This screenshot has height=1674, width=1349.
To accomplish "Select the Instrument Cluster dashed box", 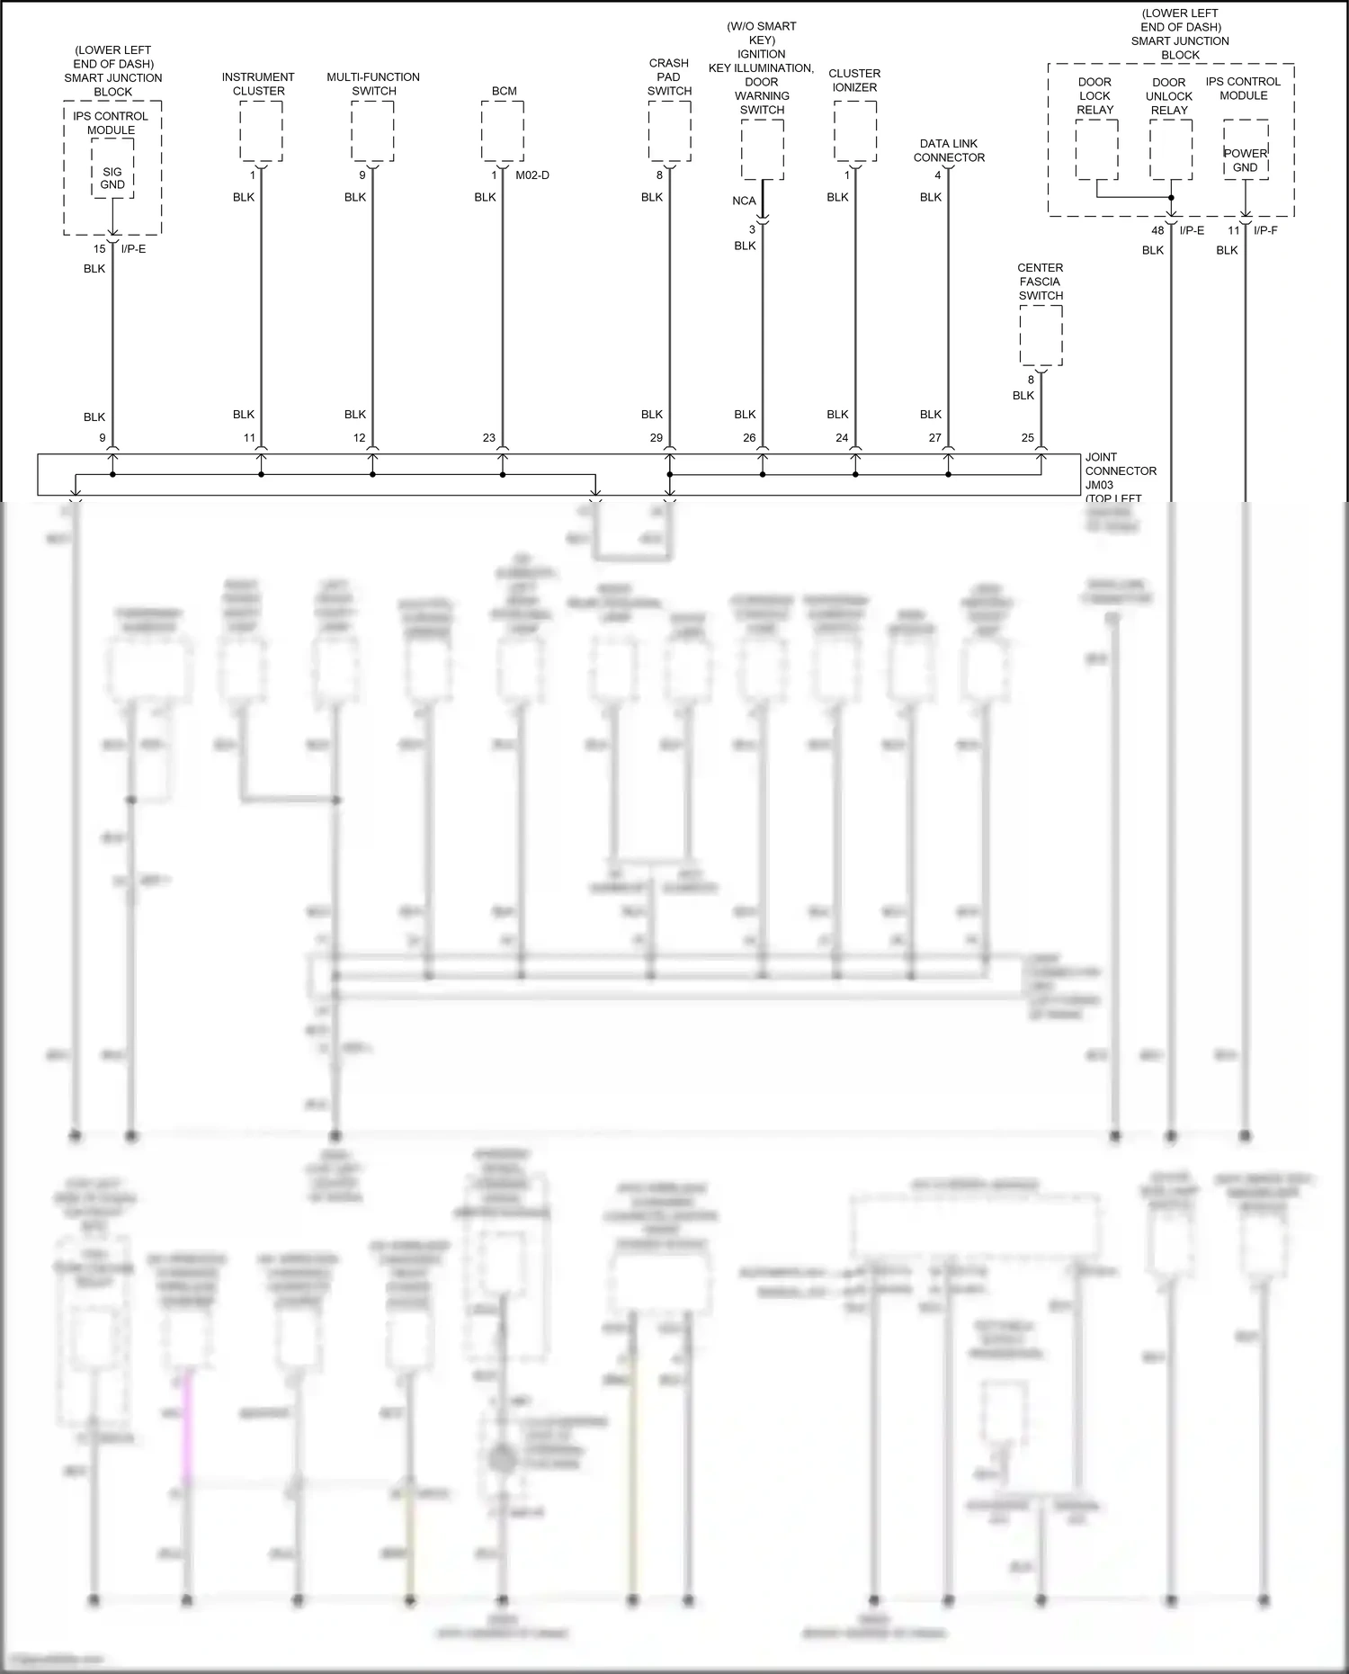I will [261, 130].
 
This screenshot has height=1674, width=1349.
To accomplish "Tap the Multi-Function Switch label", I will [373, 84].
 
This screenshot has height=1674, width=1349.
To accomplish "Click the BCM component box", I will [503, 130].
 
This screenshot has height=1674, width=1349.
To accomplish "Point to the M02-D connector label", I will [532, 175].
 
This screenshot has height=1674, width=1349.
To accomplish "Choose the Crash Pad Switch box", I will [669, 130].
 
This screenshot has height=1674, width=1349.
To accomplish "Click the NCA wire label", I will [744, 201].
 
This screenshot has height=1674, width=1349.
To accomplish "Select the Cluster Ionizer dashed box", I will [854, 130].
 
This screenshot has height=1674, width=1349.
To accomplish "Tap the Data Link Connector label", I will [949, 150].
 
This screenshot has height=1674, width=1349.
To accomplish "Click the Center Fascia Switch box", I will [1041, 336].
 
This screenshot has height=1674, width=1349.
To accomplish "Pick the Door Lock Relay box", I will [1096, 149].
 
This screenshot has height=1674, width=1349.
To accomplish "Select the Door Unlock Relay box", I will [1170, 149].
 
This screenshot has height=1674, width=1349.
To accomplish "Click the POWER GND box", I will [1246, 160].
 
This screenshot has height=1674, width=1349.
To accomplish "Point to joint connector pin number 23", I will [489, 438].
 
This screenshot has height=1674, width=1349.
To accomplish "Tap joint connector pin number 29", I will [657, 438].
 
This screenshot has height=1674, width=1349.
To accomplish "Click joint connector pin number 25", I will [1028, 438].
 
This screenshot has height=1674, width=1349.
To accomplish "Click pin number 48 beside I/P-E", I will [1157, 230].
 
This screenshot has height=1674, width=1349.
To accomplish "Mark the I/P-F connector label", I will [1265, 230].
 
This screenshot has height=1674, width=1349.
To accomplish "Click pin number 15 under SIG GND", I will [100, 249].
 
